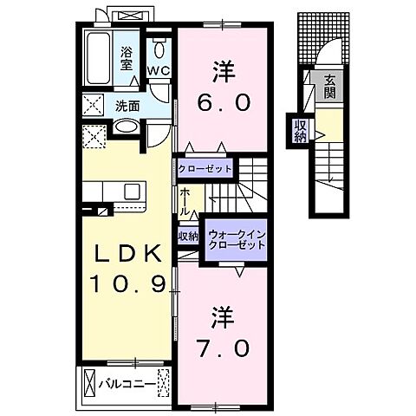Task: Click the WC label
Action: pos(159,71)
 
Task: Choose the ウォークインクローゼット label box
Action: pos(235,239)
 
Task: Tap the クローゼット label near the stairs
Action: pos(206,168)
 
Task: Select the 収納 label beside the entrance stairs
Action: pos(300,131)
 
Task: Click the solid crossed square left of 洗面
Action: pos(93,107)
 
